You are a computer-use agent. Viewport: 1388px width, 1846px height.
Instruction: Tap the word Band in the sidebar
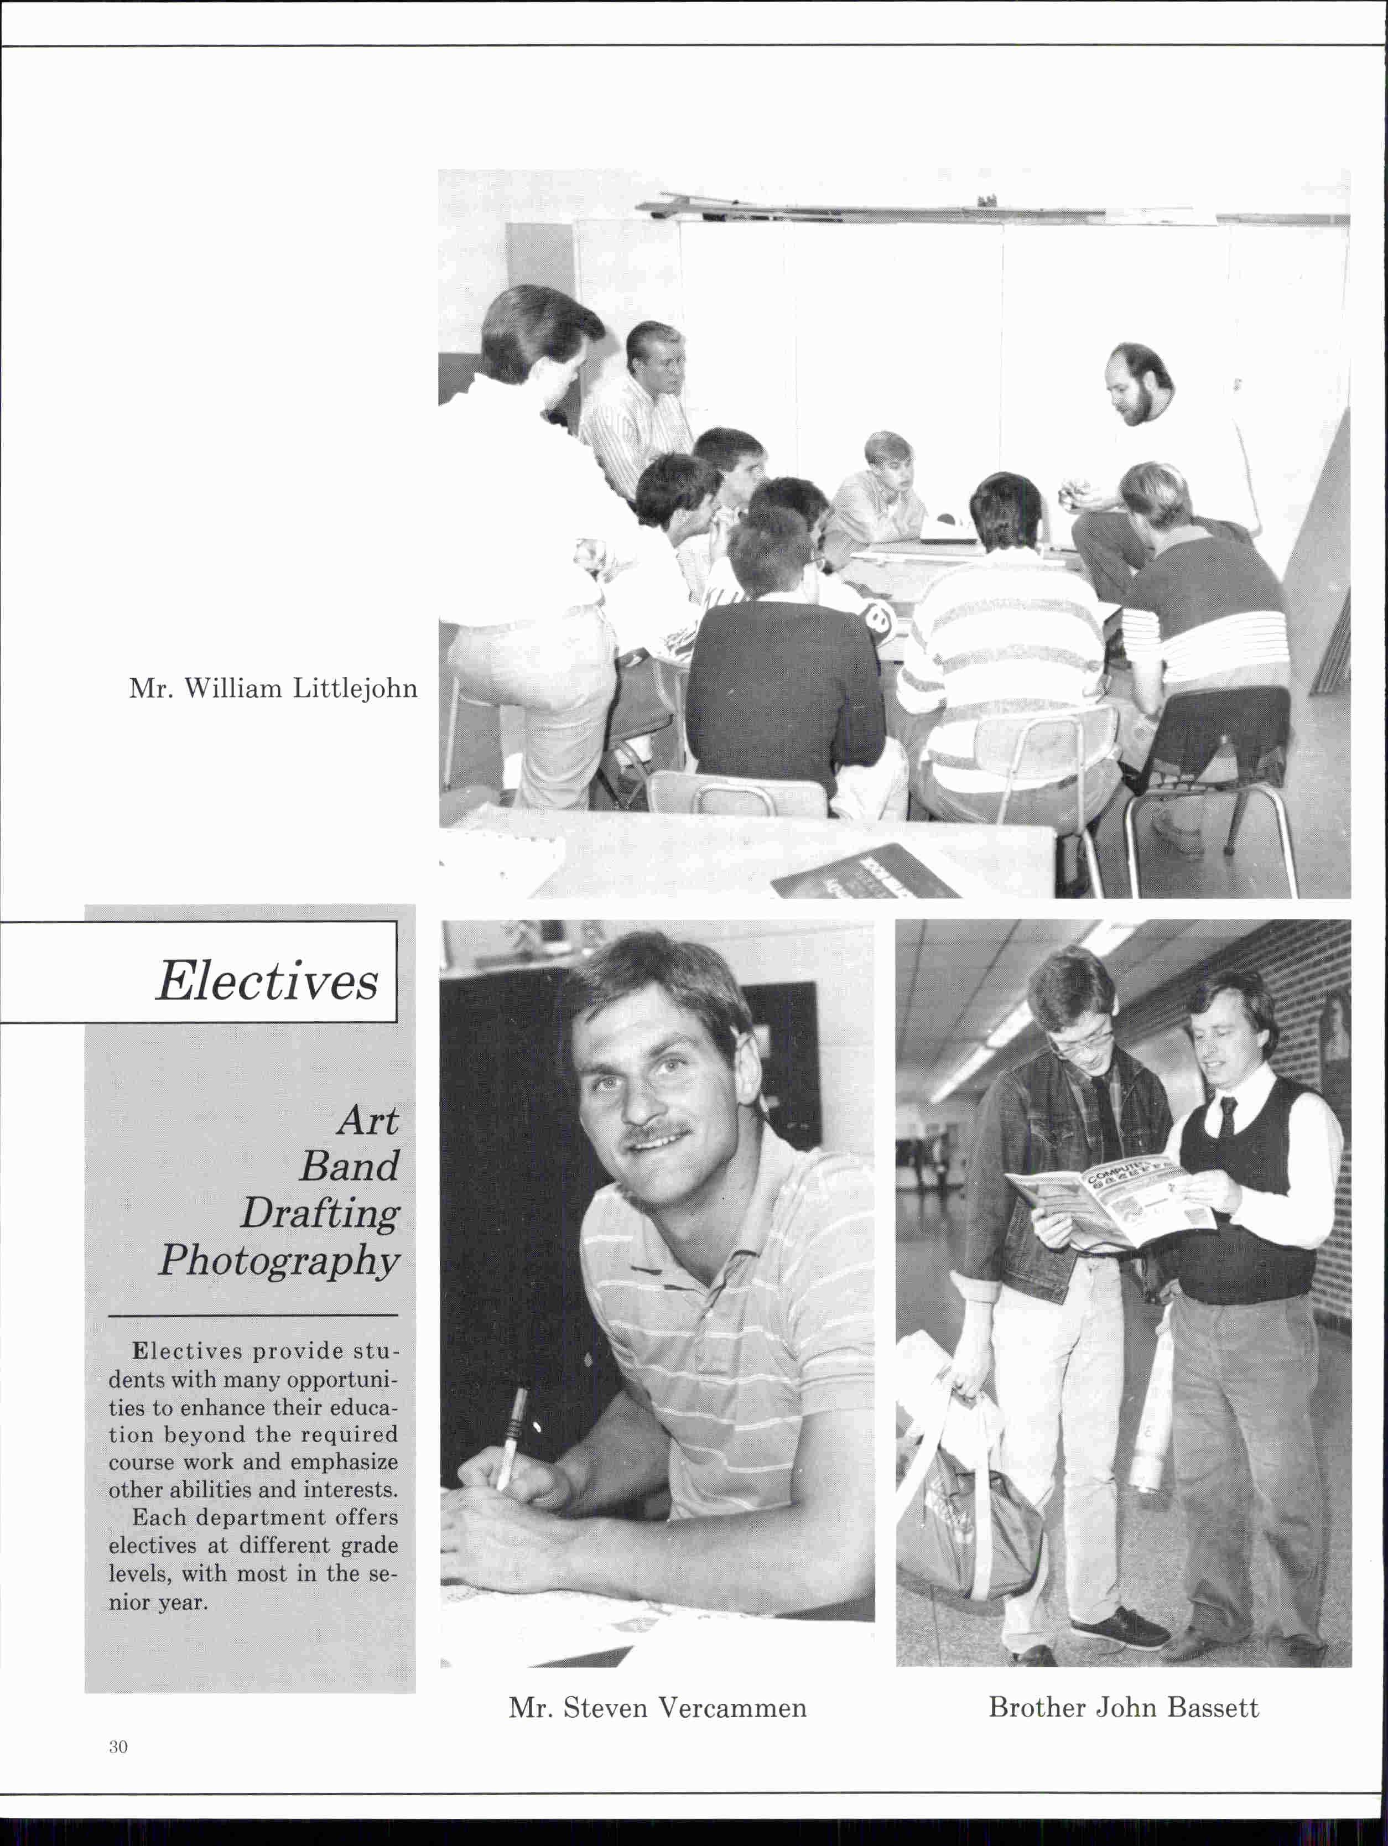click(x=350, y=1167)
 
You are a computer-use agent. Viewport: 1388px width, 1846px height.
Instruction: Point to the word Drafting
click(x=320, y=1214)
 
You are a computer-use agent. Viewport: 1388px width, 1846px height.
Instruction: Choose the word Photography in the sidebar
click(x=279, y=1261)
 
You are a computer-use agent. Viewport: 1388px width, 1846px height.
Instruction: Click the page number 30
click(x=118, y=1746)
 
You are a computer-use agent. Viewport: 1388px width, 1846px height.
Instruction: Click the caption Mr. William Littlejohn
click(x=273, y=689)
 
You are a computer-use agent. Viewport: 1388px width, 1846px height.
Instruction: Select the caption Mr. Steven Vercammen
click(x=658, y=1708)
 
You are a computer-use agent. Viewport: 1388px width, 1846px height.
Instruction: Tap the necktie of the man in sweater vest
click(x=1228, y=1116)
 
